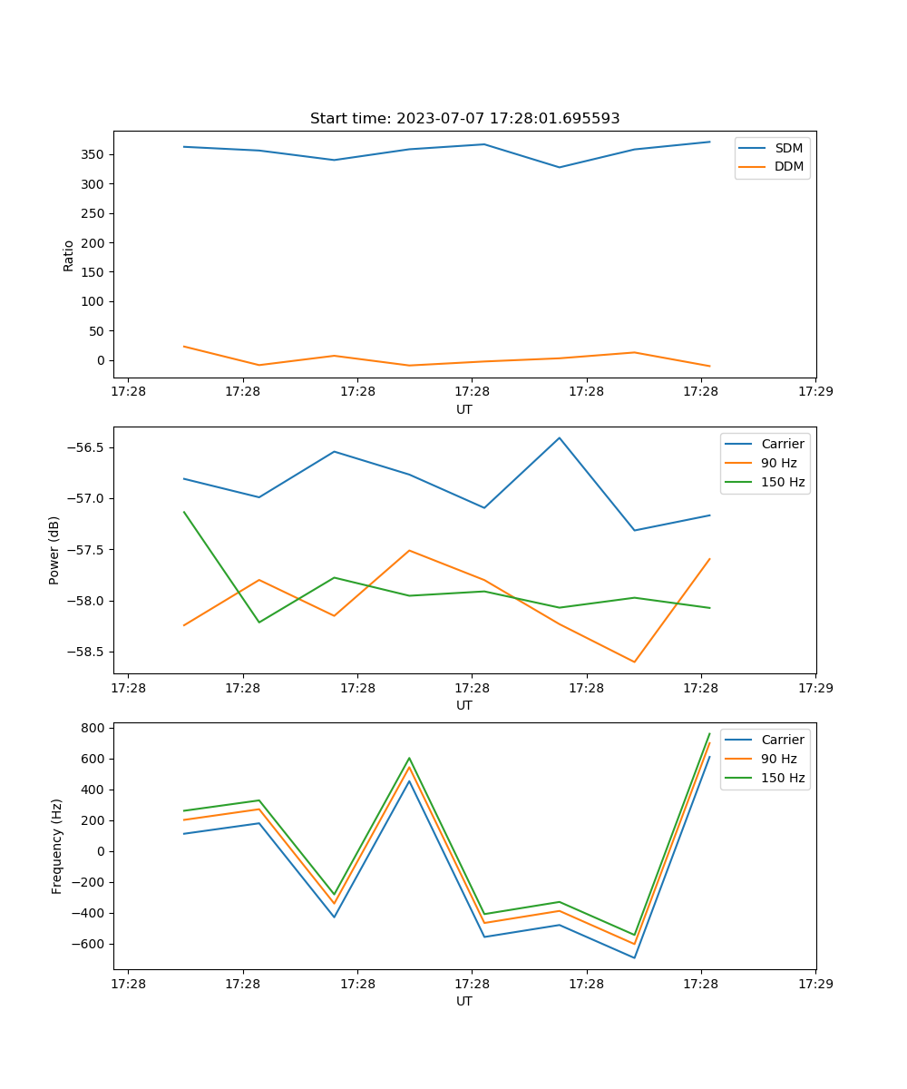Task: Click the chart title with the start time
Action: click(464, 119)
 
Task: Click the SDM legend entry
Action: click(788, 148)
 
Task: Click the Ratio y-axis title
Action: click(69, 255)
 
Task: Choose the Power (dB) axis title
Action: click(55, 550)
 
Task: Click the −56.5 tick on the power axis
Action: click(85, 447)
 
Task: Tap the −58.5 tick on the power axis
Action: click(85, 652)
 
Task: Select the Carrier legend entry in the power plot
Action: click(782, 444)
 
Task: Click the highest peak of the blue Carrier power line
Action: click(560, 437)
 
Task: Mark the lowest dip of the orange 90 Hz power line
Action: click(634, 662)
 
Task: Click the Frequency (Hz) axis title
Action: click(57, 846)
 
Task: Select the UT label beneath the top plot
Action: click(464, 409)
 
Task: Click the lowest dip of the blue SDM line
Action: click(560, 167)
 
